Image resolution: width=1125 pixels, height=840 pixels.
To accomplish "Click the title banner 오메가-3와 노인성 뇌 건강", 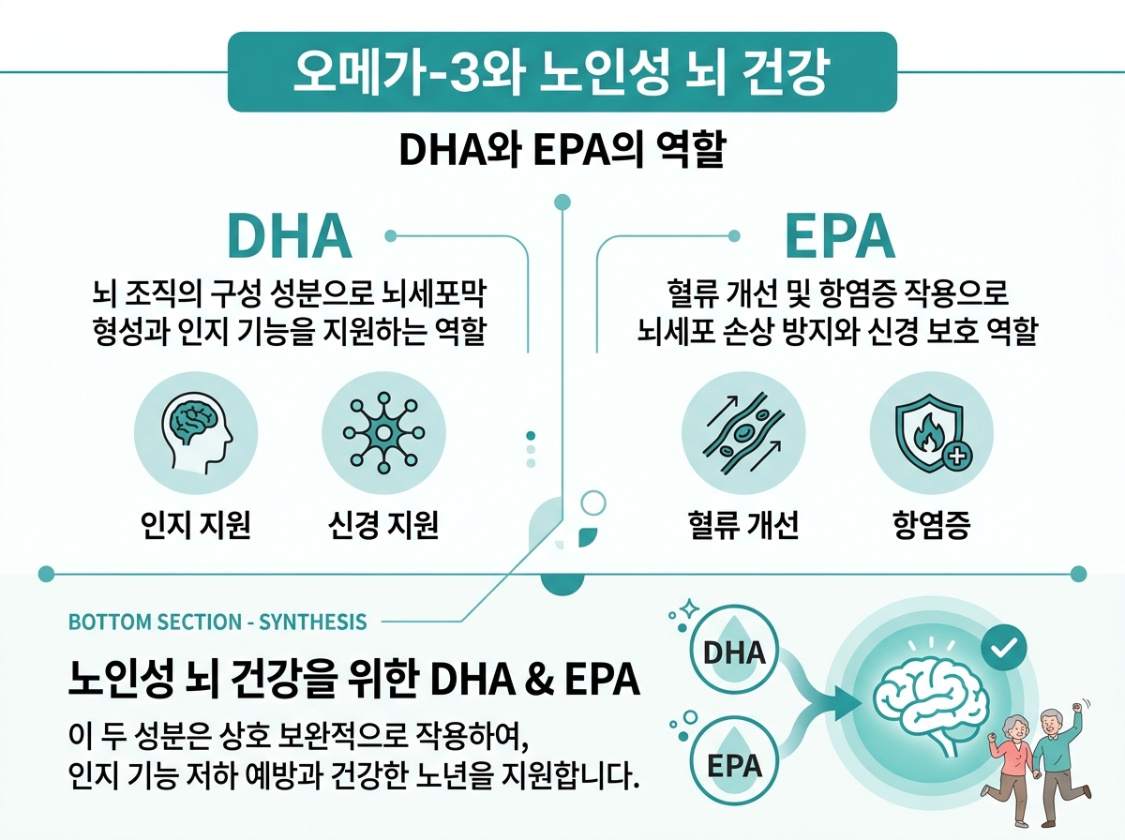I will pos(562,72).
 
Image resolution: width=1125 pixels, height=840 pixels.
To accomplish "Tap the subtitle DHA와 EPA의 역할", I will pos(562,150).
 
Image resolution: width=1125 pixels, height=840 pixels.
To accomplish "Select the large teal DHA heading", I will pos(290,236).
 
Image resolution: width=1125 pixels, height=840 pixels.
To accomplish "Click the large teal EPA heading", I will pos(839,236).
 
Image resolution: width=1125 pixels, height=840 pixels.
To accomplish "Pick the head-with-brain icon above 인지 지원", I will pos(197,432).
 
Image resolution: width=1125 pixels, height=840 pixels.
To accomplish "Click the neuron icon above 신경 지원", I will pos(382,432).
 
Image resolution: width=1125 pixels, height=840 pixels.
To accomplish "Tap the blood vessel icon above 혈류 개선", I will pos(742,432).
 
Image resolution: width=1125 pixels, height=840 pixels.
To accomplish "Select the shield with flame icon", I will pos(931,433).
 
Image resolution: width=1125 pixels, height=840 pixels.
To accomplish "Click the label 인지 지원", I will pos(196,525).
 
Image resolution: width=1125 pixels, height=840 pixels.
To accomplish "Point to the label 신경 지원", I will pos(382,525).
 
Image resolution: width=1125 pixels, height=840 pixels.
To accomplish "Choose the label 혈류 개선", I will pos(742,525).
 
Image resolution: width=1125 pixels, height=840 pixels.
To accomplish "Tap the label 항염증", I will pos(931,525).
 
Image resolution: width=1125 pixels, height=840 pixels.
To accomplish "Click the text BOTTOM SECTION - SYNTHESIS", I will pos(217,622).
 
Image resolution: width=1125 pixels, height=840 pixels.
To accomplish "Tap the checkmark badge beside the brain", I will pos(1002,646).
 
